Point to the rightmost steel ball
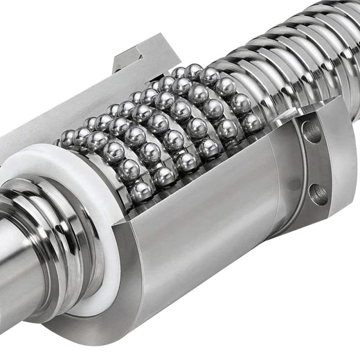point(252,122)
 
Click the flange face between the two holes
point(315,162)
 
